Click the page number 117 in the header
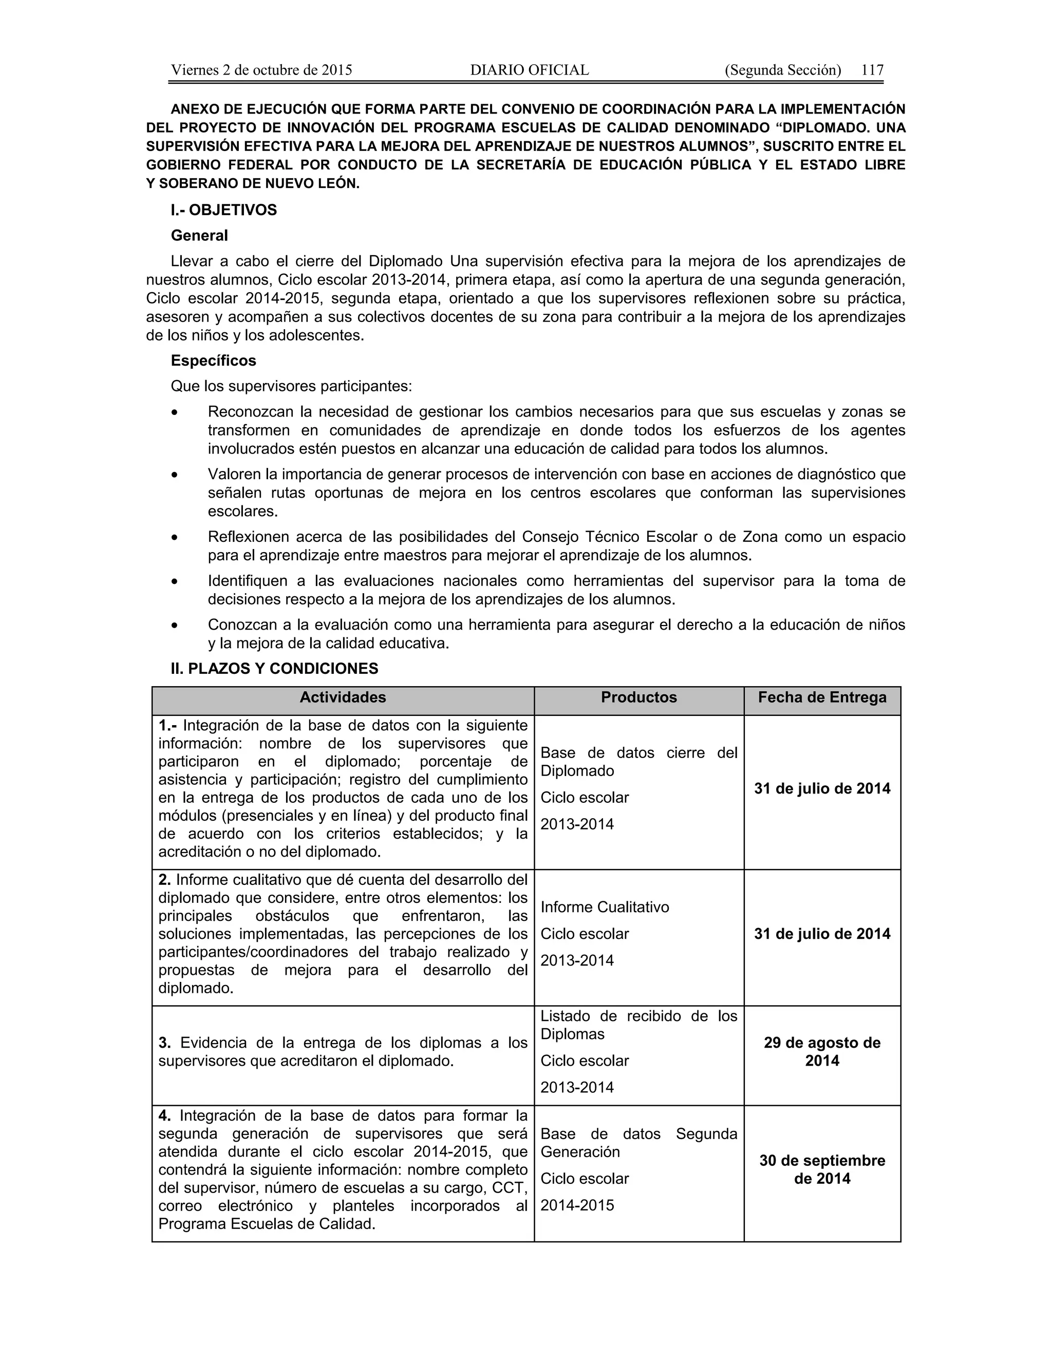[873, 70]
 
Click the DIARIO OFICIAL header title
[529, 70]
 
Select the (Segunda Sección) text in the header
[783, 70]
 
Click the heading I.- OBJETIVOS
[224, 210]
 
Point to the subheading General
[199, 236]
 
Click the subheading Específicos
[213, 361]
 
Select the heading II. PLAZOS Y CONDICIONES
[274, 669]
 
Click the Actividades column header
[343, 697]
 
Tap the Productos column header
[639, 697]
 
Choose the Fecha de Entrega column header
[822, 697]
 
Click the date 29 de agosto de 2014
[822, 1052]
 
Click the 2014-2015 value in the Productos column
[577, 1205]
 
